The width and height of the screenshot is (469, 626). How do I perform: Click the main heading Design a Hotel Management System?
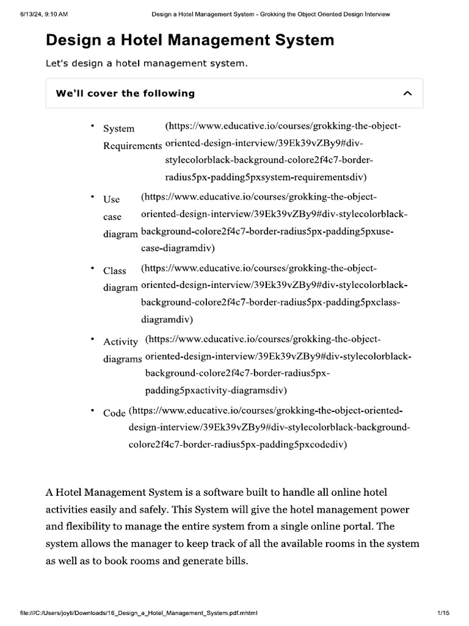point(190,40)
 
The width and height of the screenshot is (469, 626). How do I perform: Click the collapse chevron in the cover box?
point(408,94)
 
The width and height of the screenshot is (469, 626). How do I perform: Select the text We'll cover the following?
point(125,94)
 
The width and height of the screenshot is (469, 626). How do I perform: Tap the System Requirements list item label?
point(132,137)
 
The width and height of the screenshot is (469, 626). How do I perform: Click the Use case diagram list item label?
point(120,216)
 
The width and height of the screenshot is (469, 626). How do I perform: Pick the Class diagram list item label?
point(120,279)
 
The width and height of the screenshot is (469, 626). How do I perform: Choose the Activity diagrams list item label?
point(122,350)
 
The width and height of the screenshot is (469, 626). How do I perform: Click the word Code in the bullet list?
point(114,413)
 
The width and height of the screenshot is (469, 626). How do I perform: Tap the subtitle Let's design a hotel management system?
point(147,64)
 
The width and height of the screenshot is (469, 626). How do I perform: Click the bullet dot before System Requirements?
point(93,126)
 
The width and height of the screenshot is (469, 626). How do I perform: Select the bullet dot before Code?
point(93,410)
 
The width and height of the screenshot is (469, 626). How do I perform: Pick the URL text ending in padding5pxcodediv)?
point(269,427)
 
